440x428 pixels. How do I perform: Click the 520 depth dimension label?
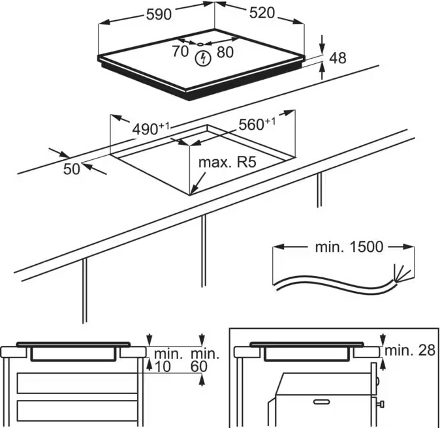click(x=261, y=13)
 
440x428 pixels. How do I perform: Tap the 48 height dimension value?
click(x=338, y=58)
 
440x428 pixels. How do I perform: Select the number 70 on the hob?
click(x=180, y=52)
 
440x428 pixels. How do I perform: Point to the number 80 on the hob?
click(x=225, y=52)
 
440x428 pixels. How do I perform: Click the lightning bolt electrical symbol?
click(x=204, y=58)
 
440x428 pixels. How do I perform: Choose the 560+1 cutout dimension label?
click(x=257, y=124)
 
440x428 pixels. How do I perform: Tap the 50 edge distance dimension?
click(x=72, y=169)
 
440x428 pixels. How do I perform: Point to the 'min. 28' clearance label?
click(x=409, y=350)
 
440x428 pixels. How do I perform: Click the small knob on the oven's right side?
click(x=380, y=406)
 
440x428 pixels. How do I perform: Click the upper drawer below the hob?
click(x=77, y=382)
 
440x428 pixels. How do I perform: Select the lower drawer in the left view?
click(x=77, y=410)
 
